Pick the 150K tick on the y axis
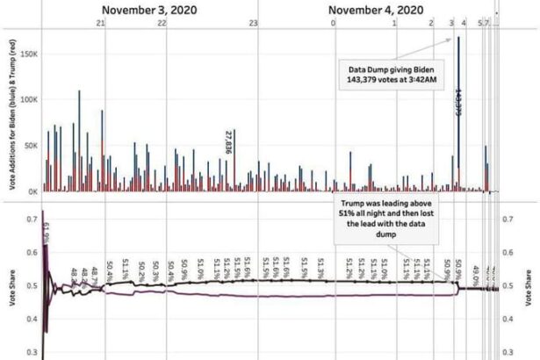[x=28, y=54]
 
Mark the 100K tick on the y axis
[x=28, y=99]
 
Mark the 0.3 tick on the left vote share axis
[x=31, y=352]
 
